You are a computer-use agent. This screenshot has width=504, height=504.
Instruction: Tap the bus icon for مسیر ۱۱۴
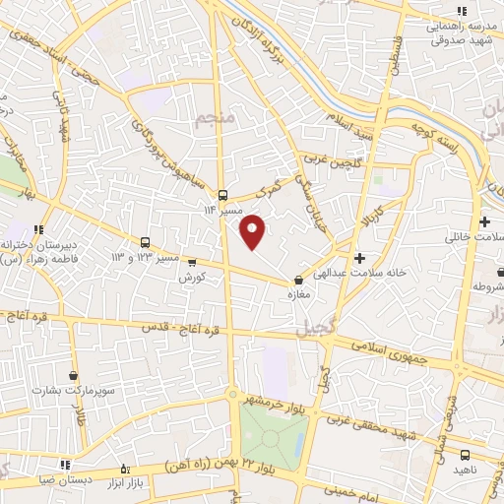(222, 195)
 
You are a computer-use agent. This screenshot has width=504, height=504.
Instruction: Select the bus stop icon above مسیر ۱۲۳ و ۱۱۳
(146, 242)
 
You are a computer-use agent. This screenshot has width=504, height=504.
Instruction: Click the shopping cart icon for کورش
(192, 262)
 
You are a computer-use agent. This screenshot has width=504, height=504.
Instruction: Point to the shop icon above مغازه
(299, 281)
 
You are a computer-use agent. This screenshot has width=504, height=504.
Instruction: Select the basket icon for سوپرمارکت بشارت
(73, 375)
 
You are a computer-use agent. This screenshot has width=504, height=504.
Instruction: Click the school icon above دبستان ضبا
(65, 466)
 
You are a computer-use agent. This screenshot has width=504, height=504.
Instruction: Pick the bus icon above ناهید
(465, 455)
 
